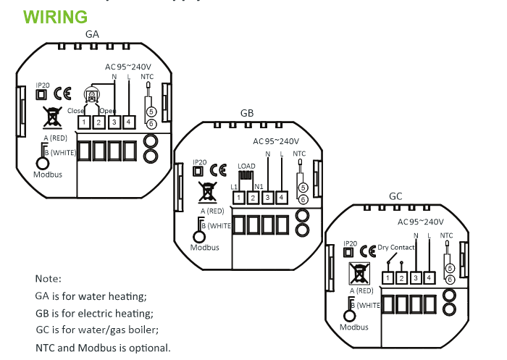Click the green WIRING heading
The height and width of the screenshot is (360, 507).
(56, 16)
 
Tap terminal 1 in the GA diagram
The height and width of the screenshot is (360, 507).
(84, 122)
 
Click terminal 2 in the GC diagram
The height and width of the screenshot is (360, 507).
(401, 278)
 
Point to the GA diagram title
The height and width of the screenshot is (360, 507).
(93, 34)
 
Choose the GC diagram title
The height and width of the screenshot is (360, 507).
(395, 196)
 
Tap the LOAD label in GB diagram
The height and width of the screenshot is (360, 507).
(247, 167)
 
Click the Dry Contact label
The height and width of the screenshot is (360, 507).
(397, 248)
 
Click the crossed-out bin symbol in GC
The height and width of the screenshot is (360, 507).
(359, 272)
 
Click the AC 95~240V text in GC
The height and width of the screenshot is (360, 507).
(421, 222)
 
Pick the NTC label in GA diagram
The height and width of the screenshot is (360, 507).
(147, 76)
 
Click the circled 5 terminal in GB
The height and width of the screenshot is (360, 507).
(303, 188)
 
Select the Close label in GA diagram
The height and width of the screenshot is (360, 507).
(75, 111)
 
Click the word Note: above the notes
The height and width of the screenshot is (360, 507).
(49, 279)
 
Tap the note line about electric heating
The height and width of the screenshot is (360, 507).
(94, 313)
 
